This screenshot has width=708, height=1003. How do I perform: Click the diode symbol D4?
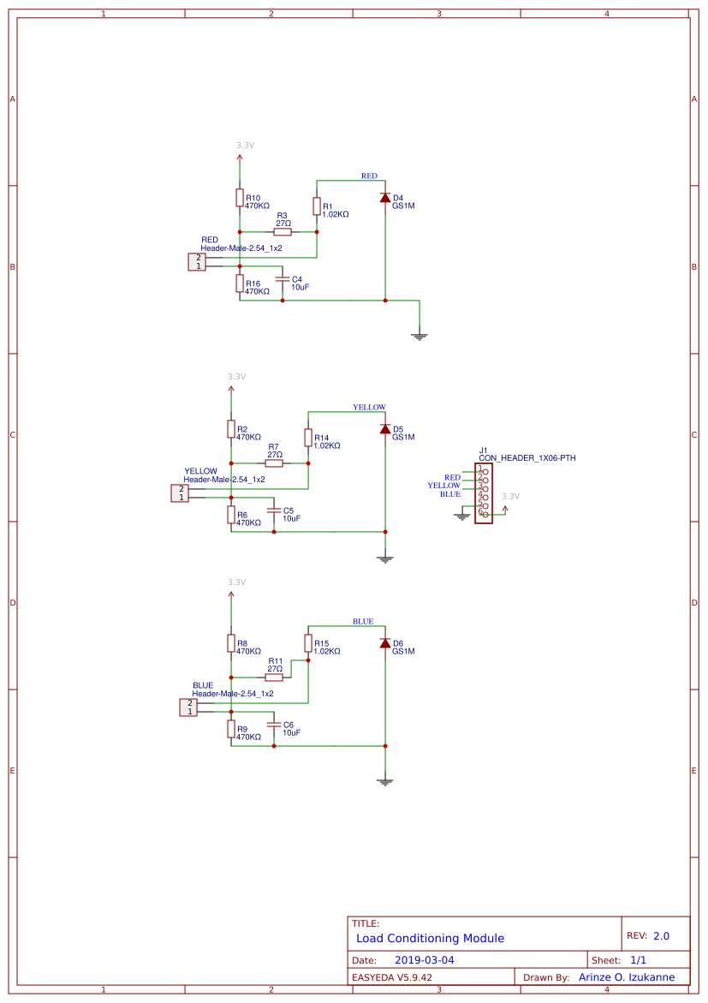(385, 198)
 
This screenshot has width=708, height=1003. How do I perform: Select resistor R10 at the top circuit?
(240, 198)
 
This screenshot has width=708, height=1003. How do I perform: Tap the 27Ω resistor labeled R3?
(283, 232)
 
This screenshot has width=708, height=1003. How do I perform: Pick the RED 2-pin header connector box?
(198, 261)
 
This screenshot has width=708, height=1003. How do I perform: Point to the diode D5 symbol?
(385, 429)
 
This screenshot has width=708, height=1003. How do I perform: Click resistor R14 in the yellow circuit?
(308, 438)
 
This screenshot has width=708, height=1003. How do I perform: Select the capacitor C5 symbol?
(274, 510)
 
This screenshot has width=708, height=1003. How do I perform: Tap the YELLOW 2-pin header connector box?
(181, 493)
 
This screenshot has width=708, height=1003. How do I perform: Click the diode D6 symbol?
(385, 643)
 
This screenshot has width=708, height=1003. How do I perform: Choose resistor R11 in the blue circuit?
(274, 678)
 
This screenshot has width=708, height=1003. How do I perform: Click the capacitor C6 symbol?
(274, 725)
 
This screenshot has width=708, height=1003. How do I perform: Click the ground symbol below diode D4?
(419, 336)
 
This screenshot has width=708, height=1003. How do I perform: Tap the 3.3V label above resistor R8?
(236, 582)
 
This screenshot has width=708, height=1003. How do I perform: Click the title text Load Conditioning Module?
(430, 938)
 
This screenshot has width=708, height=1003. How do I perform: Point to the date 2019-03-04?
(425, 960)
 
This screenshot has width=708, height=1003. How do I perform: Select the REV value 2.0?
(661, 936)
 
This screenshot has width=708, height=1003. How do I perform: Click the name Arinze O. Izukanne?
(627, 977)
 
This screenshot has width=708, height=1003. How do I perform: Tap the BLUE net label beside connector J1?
(450, 494)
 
